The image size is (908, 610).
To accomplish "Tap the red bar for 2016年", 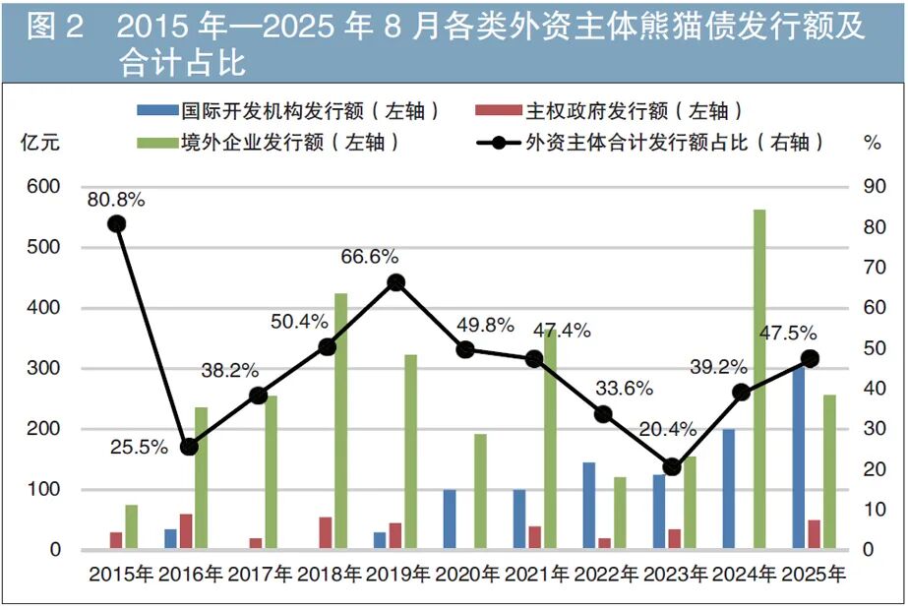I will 186,531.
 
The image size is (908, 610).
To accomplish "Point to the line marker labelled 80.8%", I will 117,224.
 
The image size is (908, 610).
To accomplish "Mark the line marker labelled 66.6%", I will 395,282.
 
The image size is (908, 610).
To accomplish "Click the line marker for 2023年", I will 672,467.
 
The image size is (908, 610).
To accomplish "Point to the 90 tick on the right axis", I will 872,187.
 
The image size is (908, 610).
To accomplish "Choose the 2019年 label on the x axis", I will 398,574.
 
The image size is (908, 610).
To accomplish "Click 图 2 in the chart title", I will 56,28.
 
